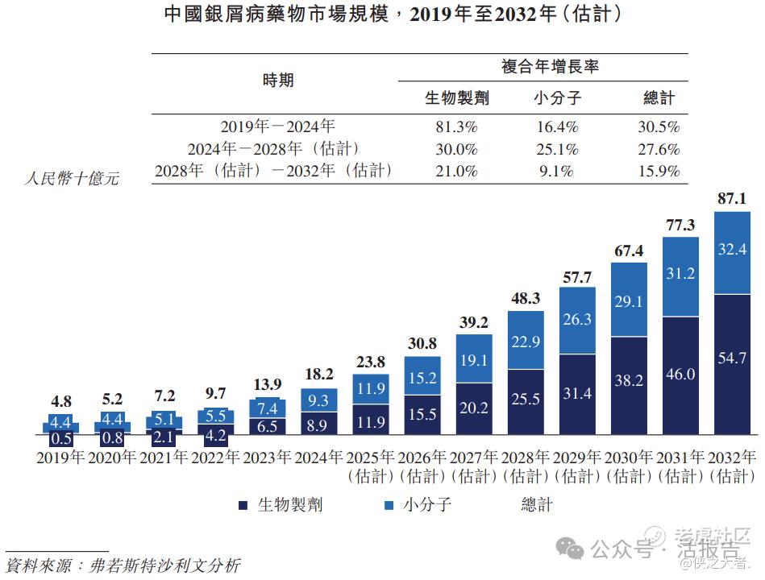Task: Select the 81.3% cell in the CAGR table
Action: tap(456, 127)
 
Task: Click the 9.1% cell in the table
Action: tap(556, 171)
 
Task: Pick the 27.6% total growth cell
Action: tap(659, 149)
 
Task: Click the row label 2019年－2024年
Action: tap(277, 127)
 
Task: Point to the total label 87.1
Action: tap(731, 198)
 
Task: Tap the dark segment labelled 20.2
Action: tap(473, 408)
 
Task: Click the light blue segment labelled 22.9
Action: tap(525, 342)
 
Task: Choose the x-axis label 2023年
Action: tap(267, 458)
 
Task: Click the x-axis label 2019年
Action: tap(60, 458)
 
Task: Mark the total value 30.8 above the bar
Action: tap(422, 343)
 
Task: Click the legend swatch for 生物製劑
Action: tap(243, 506)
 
